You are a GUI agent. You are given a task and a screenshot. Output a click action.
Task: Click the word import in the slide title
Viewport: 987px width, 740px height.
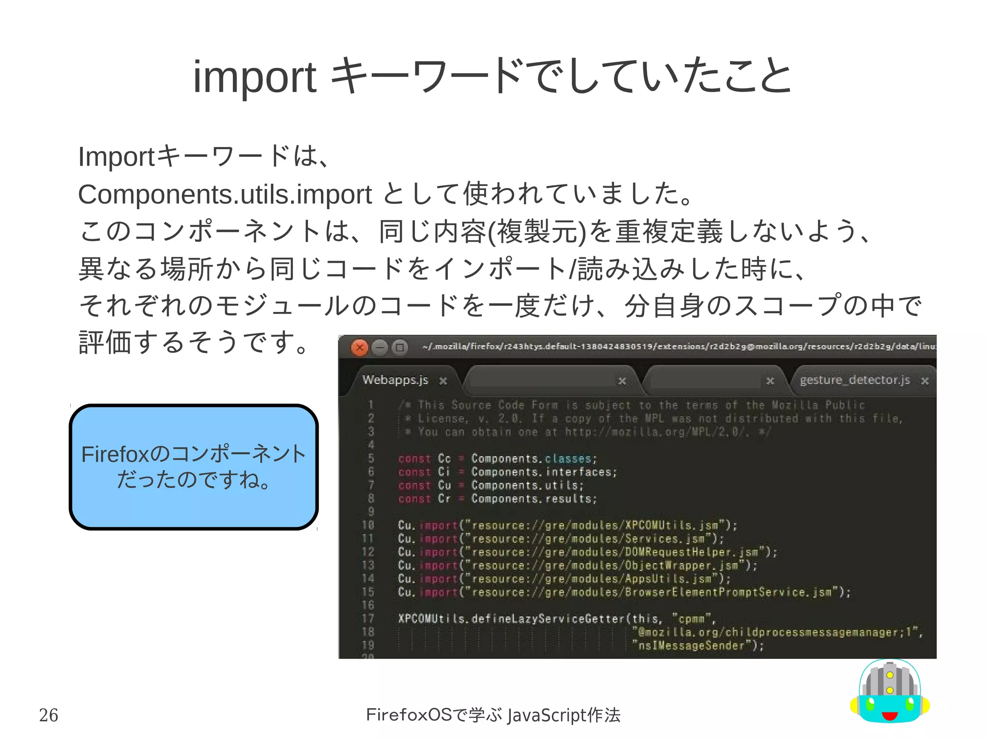click(x=254, y=77)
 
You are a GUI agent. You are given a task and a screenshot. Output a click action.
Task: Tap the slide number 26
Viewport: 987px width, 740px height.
click(x=48, y=715)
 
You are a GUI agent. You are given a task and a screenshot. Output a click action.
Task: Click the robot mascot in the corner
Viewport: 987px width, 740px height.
click(x=890, y=692)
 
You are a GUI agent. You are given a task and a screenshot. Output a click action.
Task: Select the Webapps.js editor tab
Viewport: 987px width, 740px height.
click(x=395, y=380)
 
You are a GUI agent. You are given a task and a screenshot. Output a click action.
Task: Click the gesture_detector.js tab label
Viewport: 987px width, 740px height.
click(x=854, y=380)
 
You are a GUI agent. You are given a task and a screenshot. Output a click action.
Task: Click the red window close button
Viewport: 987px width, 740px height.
click(x=360, y=347)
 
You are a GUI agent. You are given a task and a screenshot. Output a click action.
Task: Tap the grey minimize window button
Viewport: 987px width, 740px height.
click(x=380, y=347)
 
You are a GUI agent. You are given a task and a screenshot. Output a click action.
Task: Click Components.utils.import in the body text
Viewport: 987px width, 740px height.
click(x=225, y=194)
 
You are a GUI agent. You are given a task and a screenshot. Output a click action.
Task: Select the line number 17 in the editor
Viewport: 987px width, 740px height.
click(x=368, y=619)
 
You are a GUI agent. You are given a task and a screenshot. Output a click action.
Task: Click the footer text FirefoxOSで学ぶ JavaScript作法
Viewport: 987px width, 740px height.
click(x=493, y=715)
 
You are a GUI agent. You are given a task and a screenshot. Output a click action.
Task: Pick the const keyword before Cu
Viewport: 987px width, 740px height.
click(x=414, y=485)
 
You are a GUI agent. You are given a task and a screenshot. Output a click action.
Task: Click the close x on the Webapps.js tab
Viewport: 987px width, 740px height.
click(x=443, y=381)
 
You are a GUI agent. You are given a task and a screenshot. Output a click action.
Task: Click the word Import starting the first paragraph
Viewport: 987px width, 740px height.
click(x=116, y=157)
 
